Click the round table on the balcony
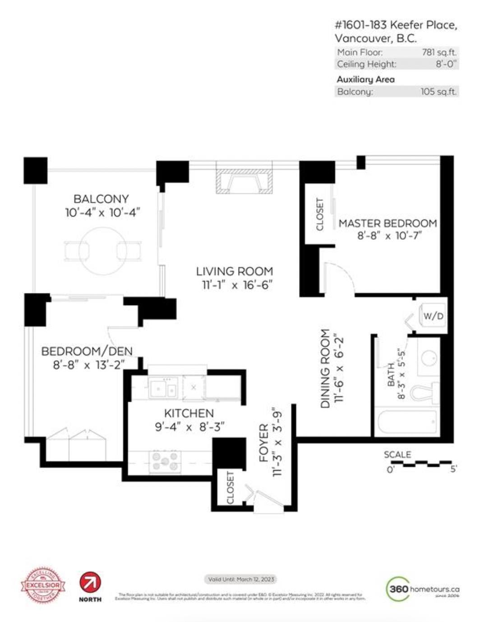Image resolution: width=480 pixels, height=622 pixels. (x=103, y=251)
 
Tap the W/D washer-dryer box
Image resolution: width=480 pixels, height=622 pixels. (x=433, y=316)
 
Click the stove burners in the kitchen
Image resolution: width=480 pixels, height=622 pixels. (x=165, y=461)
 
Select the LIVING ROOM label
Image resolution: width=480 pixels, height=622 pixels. (x=235, y=271)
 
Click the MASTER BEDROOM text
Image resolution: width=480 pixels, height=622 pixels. (x=388, y=223)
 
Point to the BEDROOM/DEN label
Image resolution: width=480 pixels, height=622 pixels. (x=87, y=351)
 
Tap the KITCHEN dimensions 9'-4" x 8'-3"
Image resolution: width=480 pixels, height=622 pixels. (x=189, y=427)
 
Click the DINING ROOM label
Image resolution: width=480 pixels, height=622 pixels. (x=325, y=368)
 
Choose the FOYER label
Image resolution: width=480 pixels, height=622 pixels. (x=264, y=442)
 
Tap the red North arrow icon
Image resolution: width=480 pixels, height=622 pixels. (x=90, y=582)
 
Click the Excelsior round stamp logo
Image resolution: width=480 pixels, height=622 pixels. (x=43, y=585)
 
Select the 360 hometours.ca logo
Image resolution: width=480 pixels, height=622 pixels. (x=423, y=589)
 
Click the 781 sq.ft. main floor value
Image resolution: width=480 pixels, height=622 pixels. (x=439, y=52)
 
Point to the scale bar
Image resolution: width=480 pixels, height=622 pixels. (x=426, y=463)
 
